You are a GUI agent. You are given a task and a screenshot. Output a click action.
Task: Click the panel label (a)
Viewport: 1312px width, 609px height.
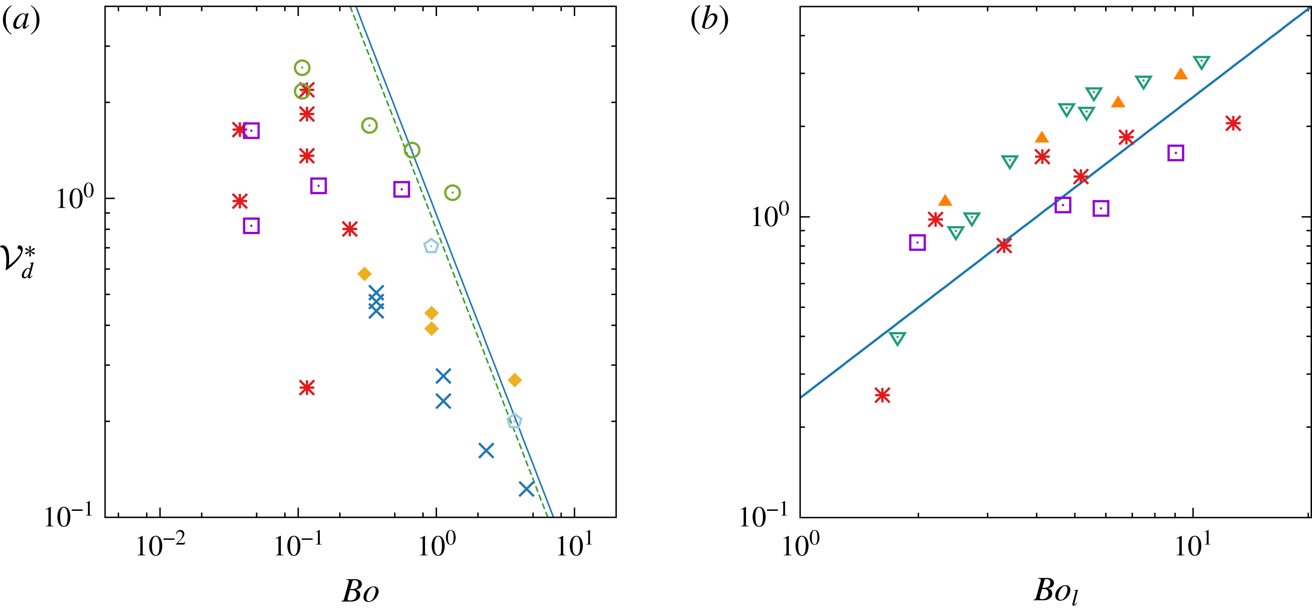21,21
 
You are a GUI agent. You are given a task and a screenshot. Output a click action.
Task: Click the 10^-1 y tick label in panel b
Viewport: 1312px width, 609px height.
763,517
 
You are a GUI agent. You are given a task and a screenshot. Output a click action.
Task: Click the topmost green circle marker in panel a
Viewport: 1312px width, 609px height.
302,68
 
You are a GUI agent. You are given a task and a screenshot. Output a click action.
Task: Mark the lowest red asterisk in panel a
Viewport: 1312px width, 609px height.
307,388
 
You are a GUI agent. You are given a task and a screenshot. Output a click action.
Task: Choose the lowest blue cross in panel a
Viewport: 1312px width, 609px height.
526,489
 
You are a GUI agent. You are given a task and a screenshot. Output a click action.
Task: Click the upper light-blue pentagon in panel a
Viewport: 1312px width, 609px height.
431,247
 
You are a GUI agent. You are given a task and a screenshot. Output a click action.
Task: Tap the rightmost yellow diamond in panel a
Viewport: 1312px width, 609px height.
515,380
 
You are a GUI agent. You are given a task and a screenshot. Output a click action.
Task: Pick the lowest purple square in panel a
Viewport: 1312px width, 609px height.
251,226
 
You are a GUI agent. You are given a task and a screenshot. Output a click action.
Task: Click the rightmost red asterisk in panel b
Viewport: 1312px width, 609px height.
1233,123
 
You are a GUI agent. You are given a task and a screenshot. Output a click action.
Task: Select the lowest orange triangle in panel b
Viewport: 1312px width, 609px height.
945,201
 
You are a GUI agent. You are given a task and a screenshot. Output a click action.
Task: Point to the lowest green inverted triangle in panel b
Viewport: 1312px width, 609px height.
897,338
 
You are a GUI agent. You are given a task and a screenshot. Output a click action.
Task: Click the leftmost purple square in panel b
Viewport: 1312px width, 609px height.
917,243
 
